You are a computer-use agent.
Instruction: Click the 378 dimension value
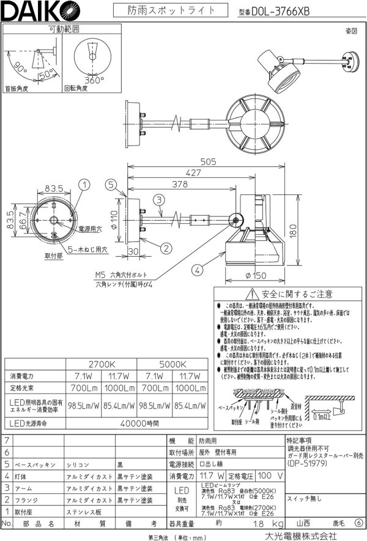pos(179,184)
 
